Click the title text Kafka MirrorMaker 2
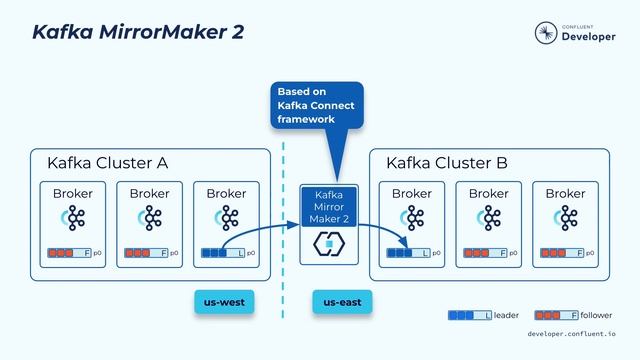[x=137, y=32]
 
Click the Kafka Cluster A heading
[x=107, y=163]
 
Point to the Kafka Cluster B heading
[x=447, y=163]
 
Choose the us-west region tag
[x=225, y=300]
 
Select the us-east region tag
[x=342, y=300]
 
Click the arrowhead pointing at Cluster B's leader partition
[x=407, y=245]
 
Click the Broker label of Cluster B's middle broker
[x=489, y=193]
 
